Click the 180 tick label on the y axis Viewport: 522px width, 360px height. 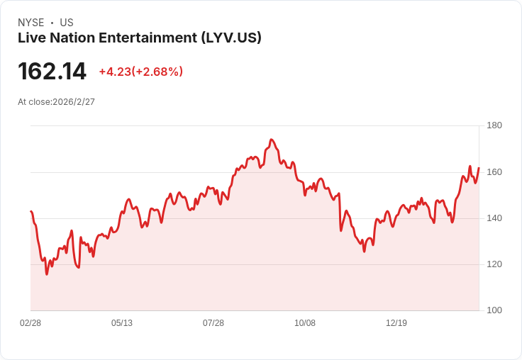[x=494, y=125]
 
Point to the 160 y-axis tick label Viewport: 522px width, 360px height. [x=494, y=171]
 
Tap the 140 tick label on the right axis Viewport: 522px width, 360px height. [x=494, y=218]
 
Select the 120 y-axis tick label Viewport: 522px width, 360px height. [x=494, y=264]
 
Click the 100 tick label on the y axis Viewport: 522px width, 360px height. [x=494, y=310]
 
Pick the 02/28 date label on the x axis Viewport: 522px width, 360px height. [x=30, y=323]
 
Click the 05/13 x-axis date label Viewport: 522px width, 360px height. [x=122, y=323]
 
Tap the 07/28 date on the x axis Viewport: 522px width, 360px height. [x=213, y=323]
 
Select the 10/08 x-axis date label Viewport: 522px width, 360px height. [x=305, y=323]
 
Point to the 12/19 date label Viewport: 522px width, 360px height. [x=396, y=323]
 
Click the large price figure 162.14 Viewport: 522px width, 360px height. [x=52, y=72]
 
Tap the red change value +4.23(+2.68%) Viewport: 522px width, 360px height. [x=140, y=72]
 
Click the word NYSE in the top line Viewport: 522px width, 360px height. [x=31, y=23]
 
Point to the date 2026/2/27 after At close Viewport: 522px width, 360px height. [x=74, y=102]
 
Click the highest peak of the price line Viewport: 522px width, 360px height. [x=272, y=140]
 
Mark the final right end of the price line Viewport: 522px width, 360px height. [x=479, y=168]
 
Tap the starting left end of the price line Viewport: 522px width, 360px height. [x=30, y=211]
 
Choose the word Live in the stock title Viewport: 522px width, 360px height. [x=30, y=38]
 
